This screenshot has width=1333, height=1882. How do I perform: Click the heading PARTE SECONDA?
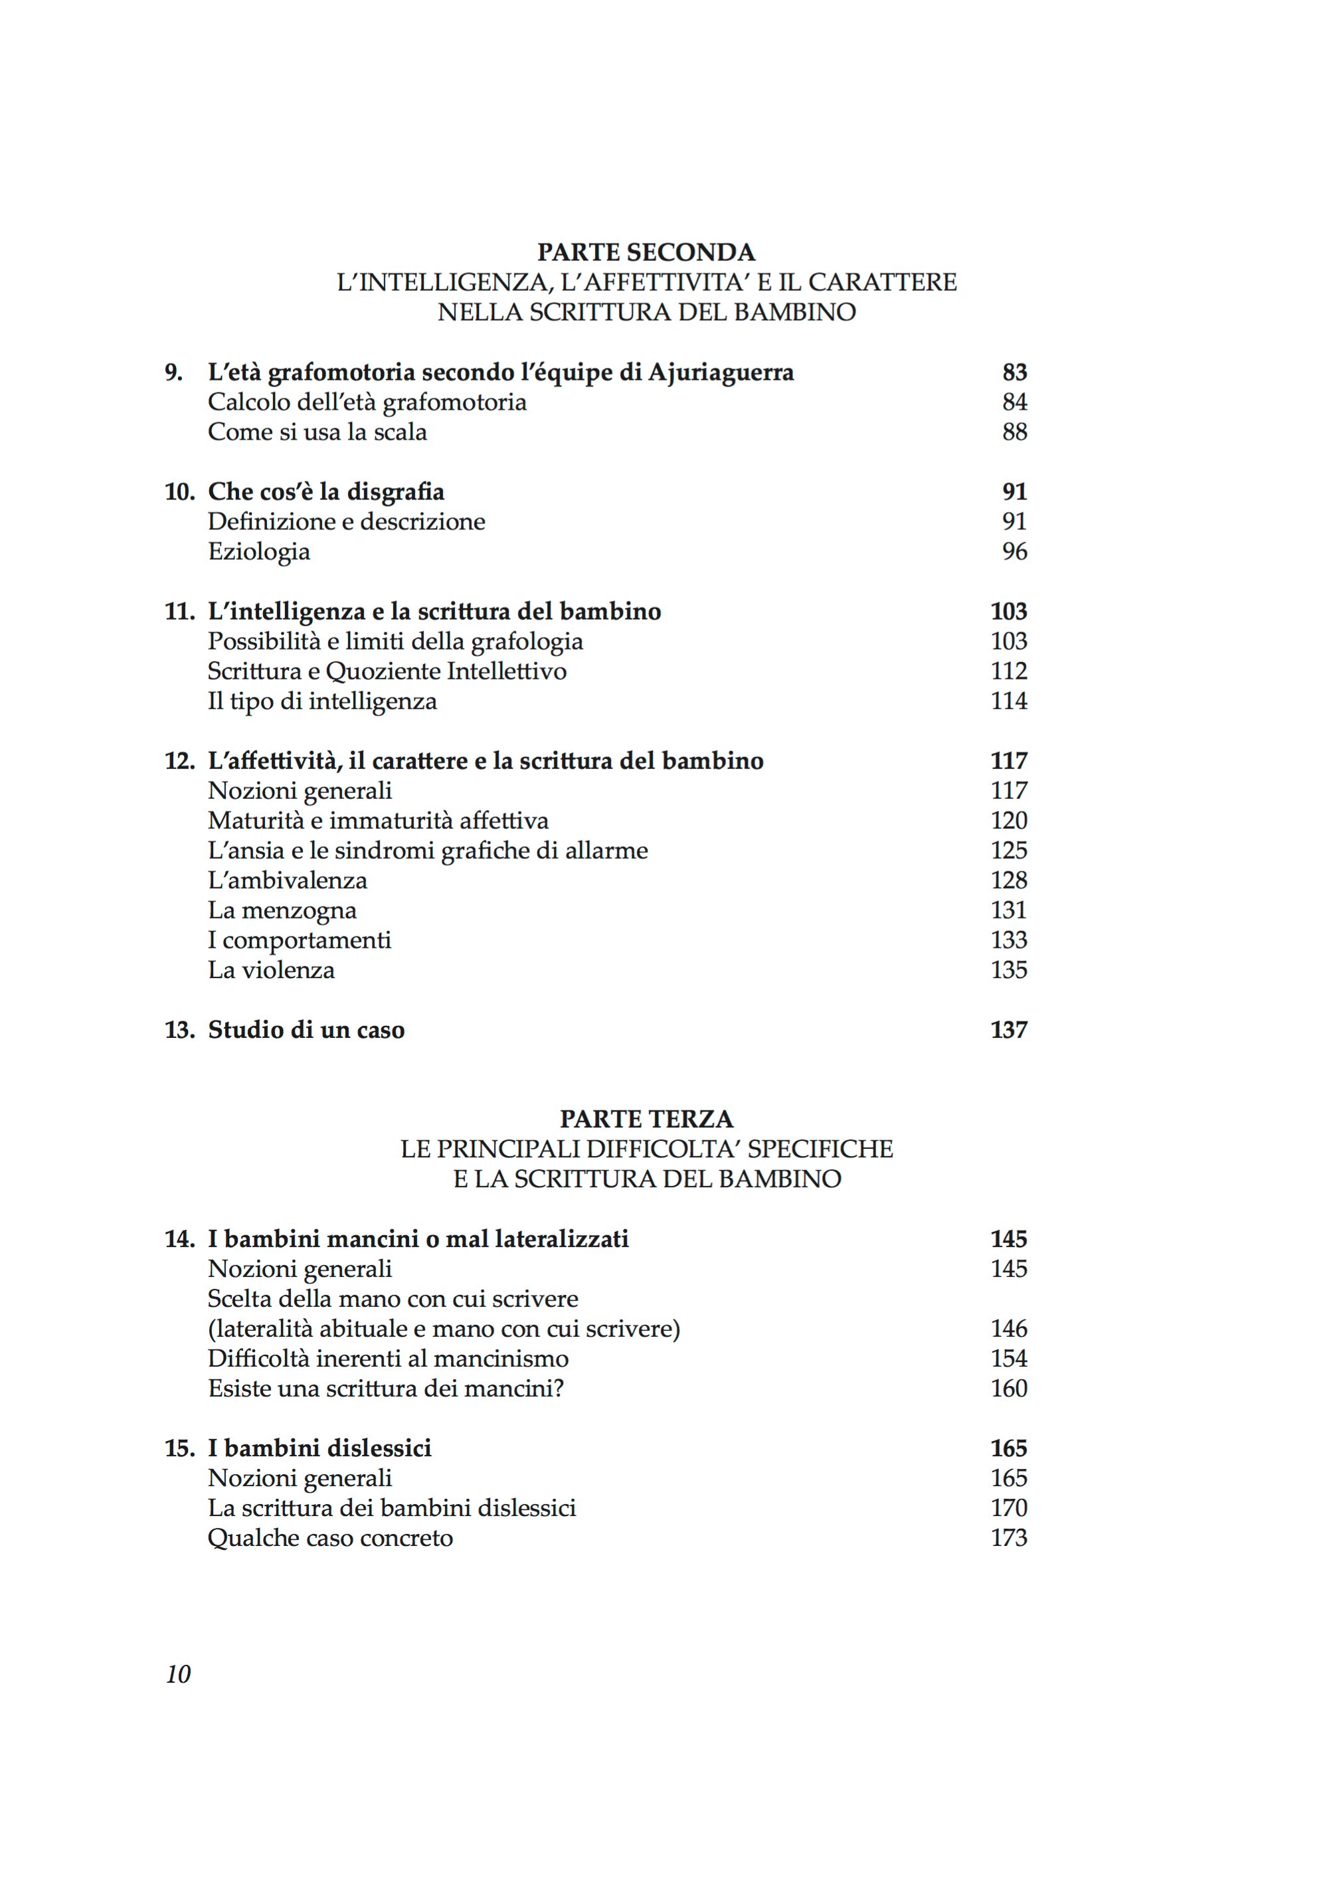tap(646, 251)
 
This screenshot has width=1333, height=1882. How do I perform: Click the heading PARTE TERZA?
tap(646, 1119)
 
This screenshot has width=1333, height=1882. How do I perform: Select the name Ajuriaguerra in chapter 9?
tap(721, 373)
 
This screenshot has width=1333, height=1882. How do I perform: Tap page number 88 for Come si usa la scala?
tap(1014, 432)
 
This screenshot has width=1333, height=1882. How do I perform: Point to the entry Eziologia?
tap(258, 552)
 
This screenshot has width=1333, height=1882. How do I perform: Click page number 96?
tap(1014, 552)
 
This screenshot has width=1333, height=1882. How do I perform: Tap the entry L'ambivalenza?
tap(288, 881)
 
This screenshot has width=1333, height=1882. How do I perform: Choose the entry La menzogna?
tap(282, 910)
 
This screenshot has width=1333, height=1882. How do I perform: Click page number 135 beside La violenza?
tap(1009, 970)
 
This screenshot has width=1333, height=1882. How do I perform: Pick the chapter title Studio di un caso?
tap(306, 1030)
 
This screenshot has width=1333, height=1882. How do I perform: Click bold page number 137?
tap(1009, 1030)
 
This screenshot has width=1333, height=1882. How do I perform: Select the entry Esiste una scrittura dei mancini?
tap(385, 1388)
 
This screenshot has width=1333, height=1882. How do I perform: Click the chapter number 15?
tap(180, 1448)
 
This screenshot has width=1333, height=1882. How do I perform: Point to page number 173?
tap(1009, 1537)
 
